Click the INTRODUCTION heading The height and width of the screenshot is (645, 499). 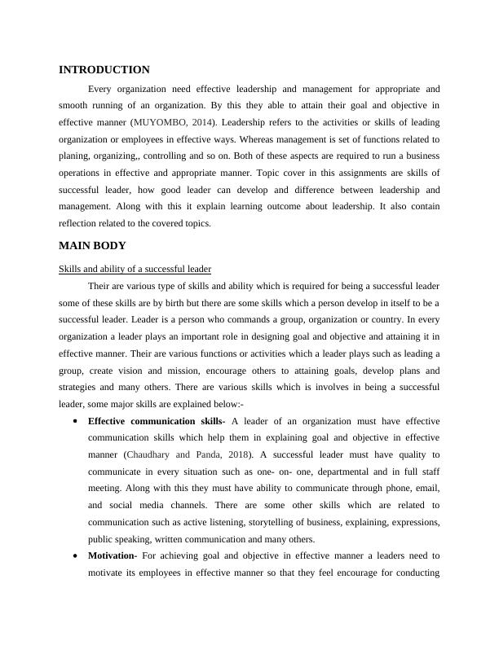104,70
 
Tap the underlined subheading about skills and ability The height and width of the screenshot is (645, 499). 135,269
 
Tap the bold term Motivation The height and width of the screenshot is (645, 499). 113,555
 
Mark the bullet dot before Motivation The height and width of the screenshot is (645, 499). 75,555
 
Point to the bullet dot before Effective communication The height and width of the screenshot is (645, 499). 75,421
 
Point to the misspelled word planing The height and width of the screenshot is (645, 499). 75,156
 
